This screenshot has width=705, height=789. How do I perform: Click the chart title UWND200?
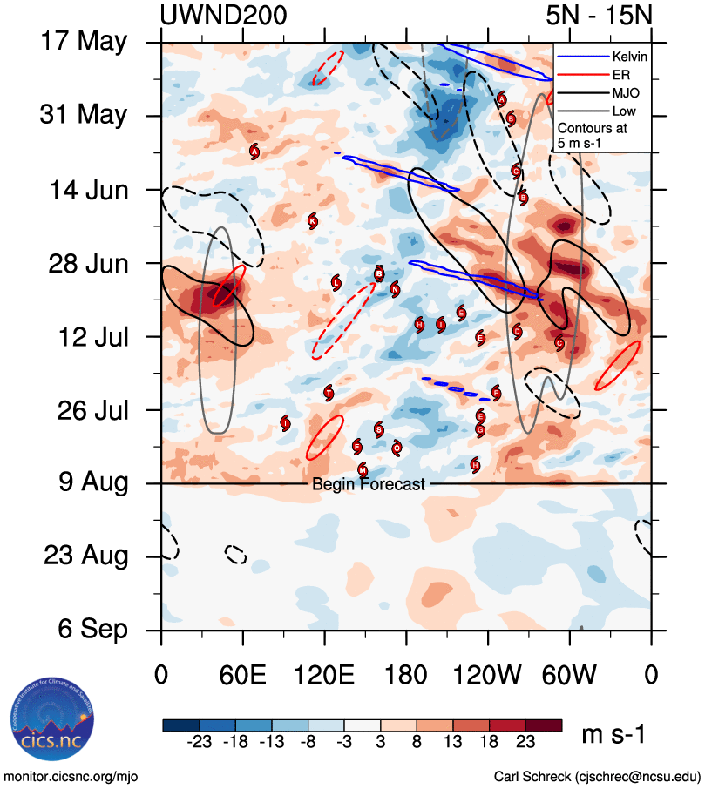coord(224,15)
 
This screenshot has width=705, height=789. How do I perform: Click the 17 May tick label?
coord(84,42)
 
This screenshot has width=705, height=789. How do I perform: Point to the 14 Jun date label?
coord(84,189)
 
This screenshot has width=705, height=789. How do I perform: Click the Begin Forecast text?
coord(369,484)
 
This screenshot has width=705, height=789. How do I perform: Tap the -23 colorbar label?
coord(200,741)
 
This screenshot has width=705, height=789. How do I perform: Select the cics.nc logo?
coord(48,725)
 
